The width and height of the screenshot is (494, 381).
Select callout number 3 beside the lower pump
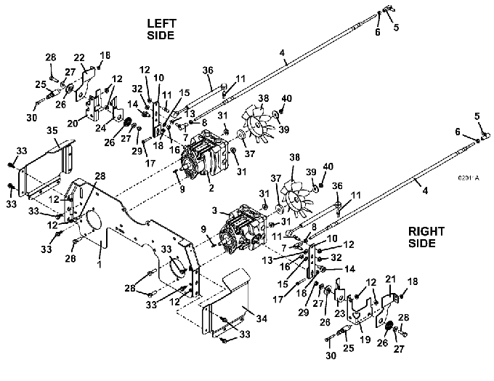coord(215,210)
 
